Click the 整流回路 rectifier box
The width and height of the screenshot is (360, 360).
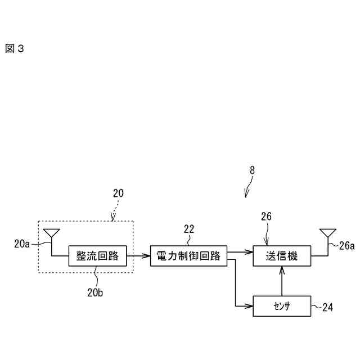pos(97,256)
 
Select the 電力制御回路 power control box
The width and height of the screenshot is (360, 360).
pos(188,256)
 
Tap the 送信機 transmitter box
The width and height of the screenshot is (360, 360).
pos(281,256)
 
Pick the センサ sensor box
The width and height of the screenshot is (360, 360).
pos(281,306)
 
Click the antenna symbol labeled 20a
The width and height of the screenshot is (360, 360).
pos(51,233)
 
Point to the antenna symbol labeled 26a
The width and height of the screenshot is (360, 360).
pos(327,233)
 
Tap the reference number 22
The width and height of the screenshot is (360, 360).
pos(189,228)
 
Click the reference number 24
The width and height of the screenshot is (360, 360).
pos(327,307)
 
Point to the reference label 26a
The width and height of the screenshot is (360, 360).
pos(347,245)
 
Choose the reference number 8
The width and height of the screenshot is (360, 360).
pos(252,169)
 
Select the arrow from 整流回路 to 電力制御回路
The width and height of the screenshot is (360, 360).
pos(138,256)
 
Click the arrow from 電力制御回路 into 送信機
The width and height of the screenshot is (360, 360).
pos(239,252)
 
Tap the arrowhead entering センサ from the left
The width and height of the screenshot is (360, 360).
pos(249,306)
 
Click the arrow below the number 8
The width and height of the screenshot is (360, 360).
pos(248,188)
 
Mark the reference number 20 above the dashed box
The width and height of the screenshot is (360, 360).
pos(118,193)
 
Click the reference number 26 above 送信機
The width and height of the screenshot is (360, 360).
pos(267,215)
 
